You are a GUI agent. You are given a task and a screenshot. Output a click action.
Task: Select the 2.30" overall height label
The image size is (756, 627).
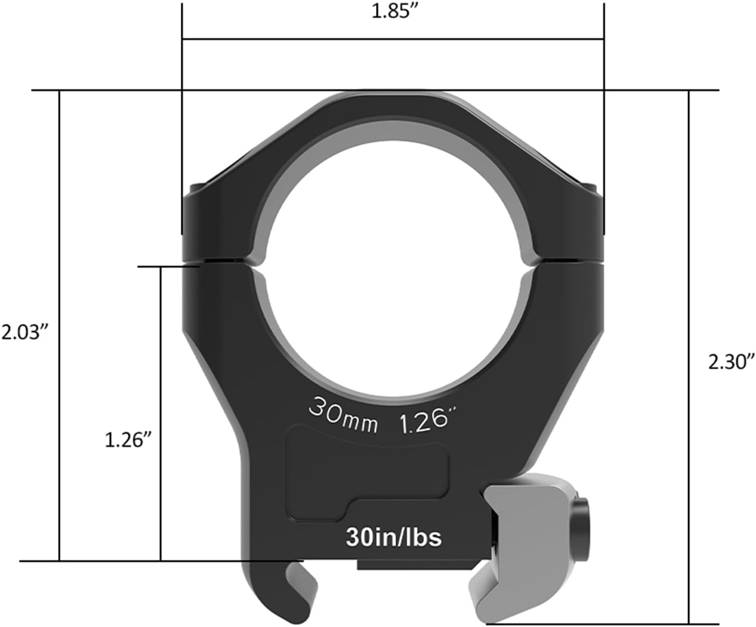[x=731, y=362]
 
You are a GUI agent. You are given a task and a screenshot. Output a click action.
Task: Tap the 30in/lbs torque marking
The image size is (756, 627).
[x=393, y=537]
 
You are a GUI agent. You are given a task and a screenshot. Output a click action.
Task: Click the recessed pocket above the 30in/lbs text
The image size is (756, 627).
[x=366, y=470]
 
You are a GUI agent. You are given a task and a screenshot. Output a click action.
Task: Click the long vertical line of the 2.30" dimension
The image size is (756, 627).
[x=689, y=360]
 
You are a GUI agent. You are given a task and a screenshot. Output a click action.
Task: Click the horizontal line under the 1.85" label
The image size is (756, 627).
[x=393, y=39]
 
